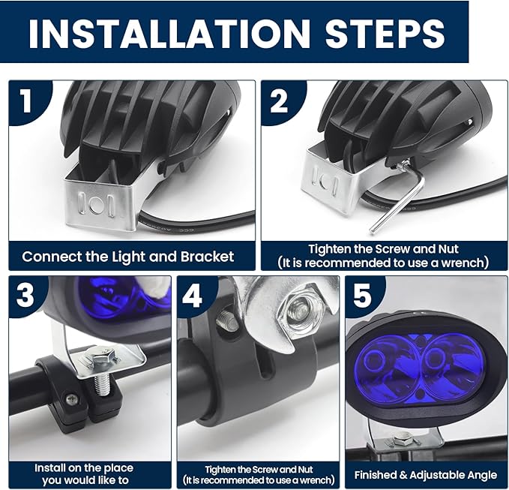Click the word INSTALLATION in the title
169,34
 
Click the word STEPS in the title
385,34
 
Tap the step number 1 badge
26,101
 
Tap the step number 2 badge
279,101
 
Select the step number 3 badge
25,295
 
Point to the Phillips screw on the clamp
72,399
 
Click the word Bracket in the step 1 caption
207,257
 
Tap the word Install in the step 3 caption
49,468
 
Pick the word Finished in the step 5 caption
376,475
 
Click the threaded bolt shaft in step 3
103,384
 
